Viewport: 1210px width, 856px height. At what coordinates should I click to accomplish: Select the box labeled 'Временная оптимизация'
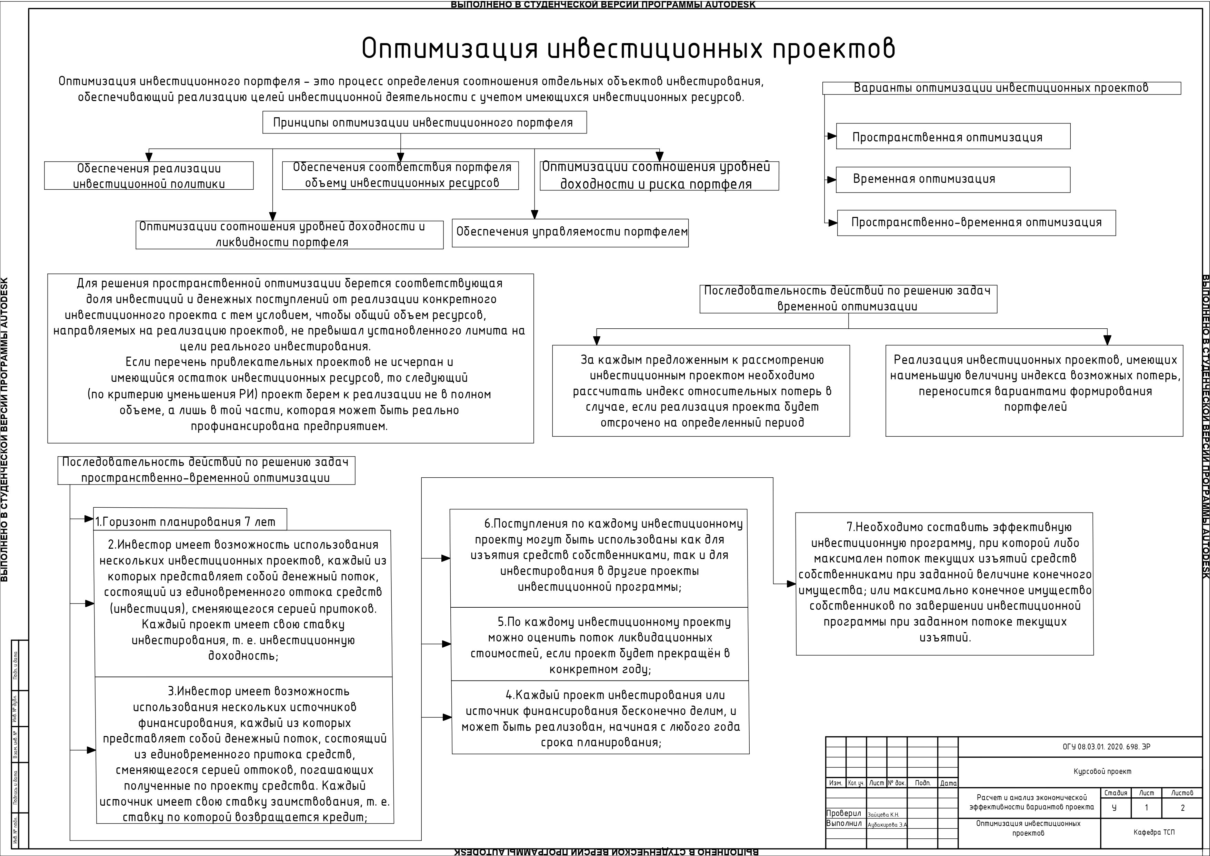[953, 179]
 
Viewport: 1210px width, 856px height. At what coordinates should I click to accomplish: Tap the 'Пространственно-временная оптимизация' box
[976, 222]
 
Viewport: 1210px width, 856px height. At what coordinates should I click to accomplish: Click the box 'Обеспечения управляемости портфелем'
[570, 232]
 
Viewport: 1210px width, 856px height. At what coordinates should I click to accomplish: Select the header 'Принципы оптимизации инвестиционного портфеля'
[424, 122]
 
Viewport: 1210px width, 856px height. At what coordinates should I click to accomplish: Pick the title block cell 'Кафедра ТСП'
[1154, 832]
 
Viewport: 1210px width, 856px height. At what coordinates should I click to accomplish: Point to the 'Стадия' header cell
[1115, 793]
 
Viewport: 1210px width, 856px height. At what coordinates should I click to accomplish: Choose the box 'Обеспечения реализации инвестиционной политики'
[149, 176]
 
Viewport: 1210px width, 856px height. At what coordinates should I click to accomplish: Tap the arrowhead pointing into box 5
[446, 644]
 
